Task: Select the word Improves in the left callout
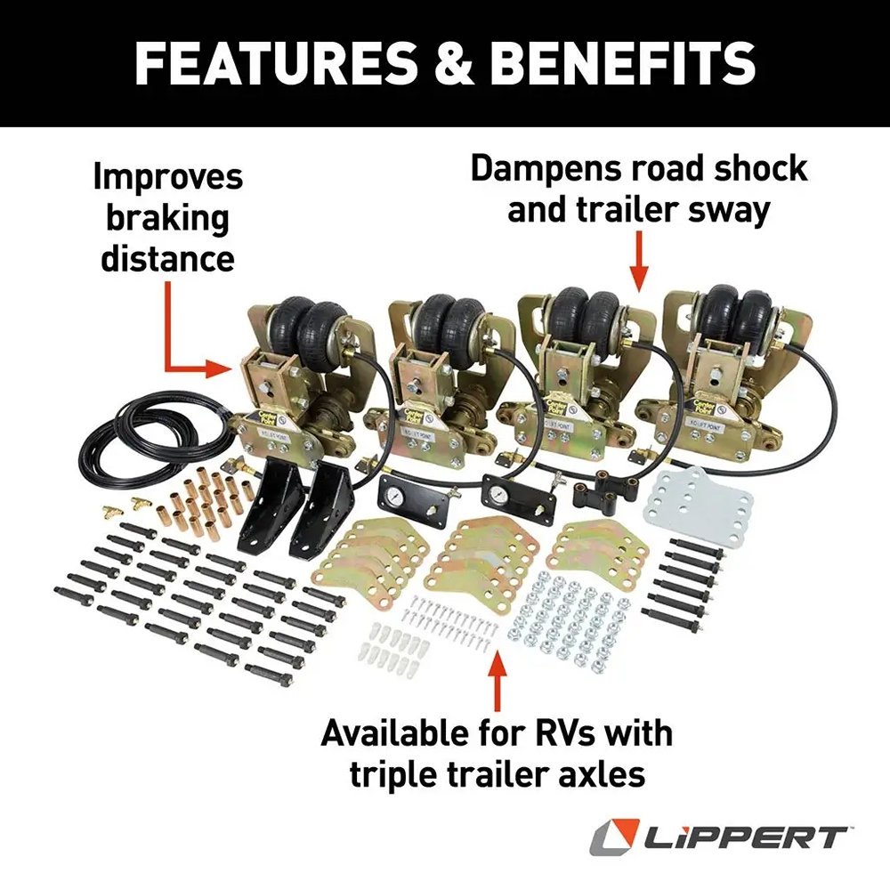pyautogui.click(x=167, y=176)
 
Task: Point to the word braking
pyautogui.click(x=167, y=218)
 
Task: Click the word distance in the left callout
pyautogui.click(x=167, y=258)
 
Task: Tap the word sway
pyautogui.click(x=734, y=211)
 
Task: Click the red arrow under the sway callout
pyautogui.click(x=638, y=263)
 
